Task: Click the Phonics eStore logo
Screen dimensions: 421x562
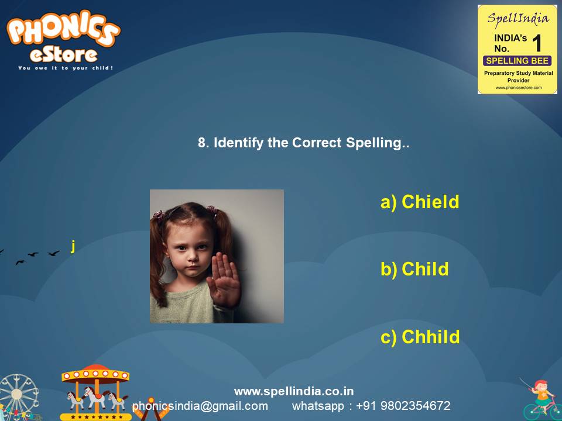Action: click(63, 38)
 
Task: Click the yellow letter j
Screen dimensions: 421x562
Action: click(73, 246)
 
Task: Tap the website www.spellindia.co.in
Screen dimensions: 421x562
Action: click(294, 391)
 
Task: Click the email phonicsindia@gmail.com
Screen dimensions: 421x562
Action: click(200, 406)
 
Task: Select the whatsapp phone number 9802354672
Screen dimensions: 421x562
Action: click(415, 406)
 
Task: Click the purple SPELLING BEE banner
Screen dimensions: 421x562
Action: click(517, 61)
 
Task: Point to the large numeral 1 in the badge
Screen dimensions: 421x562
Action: click(536, 43)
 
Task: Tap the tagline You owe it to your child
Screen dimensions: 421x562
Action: click(65, 68)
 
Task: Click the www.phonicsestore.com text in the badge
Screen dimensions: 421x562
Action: click(518, 88)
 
